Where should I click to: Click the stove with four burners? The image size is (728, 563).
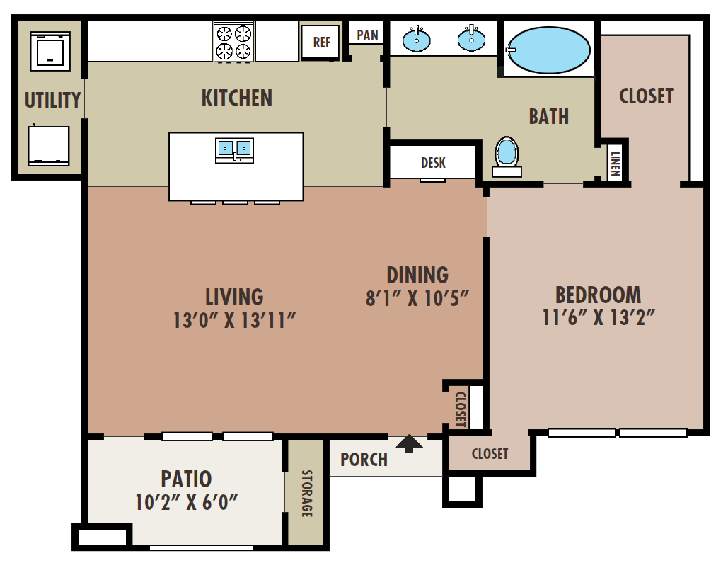coord(233,41)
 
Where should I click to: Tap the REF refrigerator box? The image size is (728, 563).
coord(320,42)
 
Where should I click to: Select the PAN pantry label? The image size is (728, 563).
coord(367,35)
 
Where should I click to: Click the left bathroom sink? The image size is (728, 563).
coord(416,39)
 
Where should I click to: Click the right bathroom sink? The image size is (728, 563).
coord(471,38)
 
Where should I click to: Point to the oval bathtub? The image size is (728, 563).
coord(548,50)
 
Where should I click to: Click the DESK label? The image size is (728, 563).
coord(433,163)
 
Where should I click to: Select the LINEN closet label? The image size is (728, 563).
coord(615,164)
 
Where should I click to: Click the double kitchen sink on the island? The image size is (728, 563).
coord(234,150)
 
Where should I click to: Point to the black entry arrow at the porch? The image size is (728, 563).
coord(409,443)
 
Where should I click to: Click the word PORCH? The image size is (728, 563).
coord(364,460)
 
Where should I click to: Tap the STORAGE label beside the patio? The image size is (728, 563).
coord(306,494)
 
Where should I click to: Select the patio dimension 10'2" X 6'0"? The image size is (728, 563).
coord(186,503)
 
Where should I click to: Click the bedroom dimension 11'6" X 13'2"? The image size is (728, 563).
coord(599,318)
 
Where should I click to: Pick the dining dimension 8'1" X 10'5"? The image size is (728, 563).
coord(417,298)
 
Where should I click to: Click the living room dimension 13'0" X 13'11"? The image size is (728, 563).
coord(234,321)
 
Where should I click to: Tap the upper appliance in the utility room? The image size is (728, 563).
coord(50,51)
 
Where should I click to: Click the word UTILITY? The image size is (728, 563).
coord(52,101)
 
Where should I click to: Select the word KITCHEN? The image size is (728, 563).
coord(237,98)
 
